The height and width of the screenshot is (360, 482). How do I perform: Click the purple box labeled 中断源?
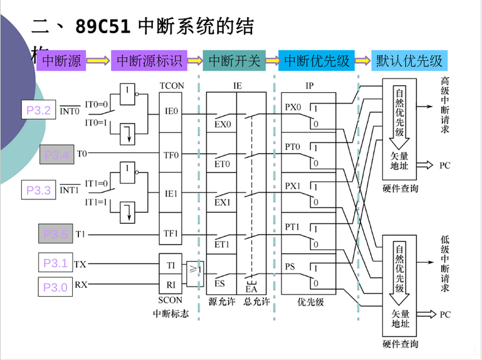click(61, 61)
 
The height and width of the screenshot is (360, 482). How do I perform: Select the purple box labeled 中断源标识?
click(149, 61)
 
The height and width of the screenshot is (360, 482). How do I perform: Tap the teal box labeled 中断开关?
click(234, 61)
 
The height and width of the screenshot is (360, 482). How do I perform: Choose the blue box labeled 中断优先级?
click(317, 61)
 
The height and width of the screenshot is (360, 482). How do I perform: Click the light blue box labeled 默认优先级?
click(409, 61)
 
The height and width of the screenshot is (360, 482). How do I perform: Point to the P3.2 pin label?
click(38, 110)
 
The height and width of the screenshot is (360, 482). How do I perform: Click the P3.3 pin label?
click(38, 190)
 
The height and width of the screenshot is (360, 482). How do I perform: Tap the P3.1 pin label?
click(55, 263)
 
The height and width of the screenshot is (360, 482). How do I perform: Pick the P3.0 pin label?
click(55, 287)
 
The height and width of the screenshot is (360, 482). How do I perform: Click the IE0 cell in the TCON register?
click(171, 112)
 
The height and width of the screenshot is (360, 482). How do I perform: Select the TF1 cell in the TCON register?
click(171, 233)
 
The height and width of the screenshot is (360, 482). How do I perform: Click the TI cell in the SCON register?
click(171, 265)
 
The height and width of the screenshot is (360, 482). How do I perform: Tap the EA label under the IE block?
click(251, 289)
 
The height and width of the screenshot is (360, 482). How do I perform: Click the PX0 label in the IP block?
click(293, 107)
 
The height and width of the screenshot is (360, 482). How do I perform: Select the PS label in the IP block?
click(290, 267)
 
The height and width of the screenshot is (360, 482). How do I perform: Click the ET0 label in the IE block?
click(223, 164)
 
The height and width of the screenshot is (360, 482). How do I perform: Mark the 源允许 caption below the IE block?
click(222, 302)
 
